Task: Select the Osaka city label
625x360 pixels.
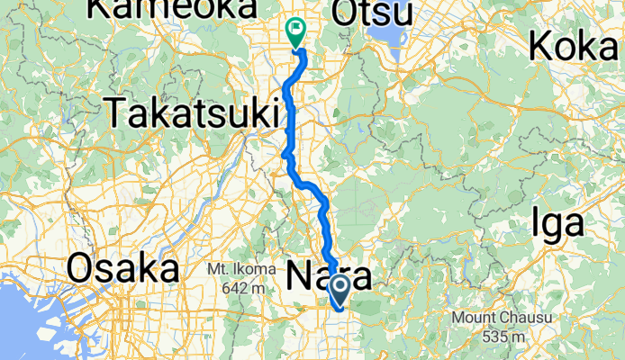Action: (123, 269)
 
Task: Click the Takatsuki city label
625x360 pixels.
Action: (193, 113)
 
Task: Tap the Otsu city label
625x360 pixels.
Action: (372, 13)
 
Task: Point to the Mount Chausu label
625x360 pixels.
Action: (502, 319)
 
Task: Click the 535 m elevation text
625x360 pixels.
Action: (504, 337)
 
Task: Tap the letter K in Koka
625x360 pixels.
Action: (542, 44)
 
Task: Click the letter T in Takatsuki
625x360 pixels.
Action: (116, 113)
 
